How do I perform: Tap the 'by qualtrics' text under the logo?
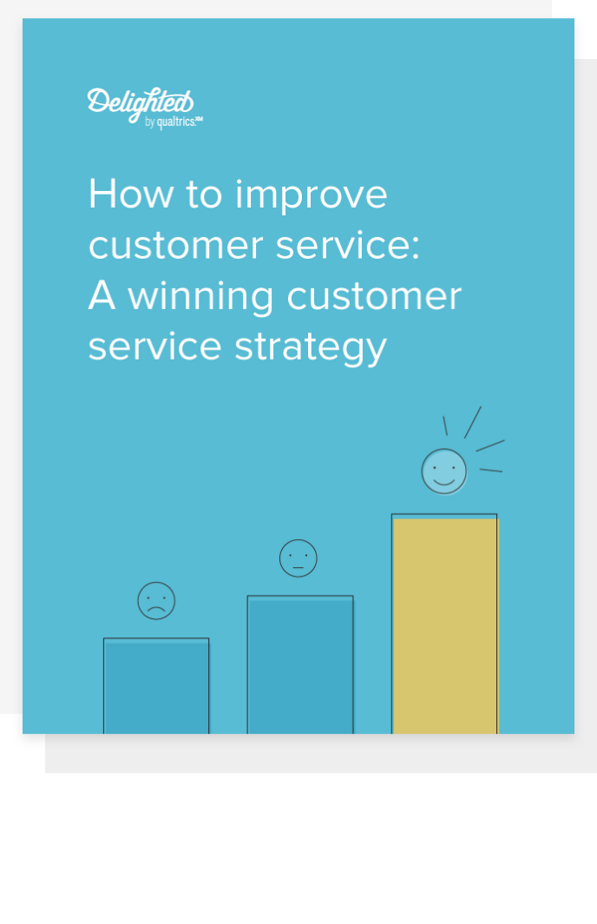click(174, 122)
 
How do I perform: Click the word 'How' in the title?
click(131, 194)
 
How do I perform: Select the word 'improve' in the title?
click(311, 197)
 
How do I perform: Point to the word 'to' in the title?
click(204, 195)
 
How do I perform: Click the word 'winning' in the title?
click(200, 298)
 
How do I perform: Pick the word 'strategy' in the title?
click(311, 349)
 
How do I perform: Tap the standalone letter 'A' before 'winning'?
click(102, 295)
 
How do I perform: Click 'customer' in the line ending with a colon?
click(175, 246)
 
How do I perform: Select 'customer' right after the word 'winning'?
click(375, 296)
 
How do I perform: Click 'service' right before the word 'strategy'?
click(154, 346)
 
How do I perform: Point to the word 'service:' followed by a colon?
click(348, 245)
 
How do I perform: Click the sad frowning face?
click(156, 600)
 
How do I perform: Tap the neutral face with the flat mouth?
click(298, 558)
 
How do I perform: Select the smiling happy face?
click(444, 472)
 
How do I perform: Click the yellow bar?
click(444, 624)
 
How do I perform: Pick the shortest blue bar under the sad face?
click(156, 686)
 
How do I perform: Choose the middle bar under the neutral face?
click(300, 664)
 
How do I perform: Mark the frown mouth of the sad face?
click(156, 609)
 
